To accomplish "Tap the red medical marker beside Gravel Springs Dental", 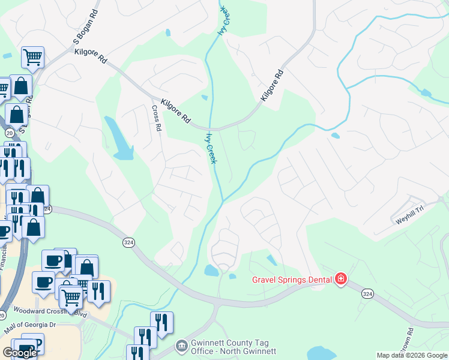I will [x=341, y=278].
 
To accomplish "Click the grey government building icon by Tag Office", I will [x=181, y=346].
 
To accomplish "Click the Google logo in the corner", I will [x=20, y=353].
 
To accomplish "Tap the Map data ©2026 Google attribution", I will [x=412, y=355].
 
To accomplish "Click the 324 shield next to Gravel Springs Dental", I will [x=368, y=293].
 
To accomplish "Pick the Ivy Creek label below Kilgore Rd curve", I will [x=211, y=148].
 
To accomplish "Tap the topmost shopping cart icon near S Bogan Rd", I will [x=32, y=58].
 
